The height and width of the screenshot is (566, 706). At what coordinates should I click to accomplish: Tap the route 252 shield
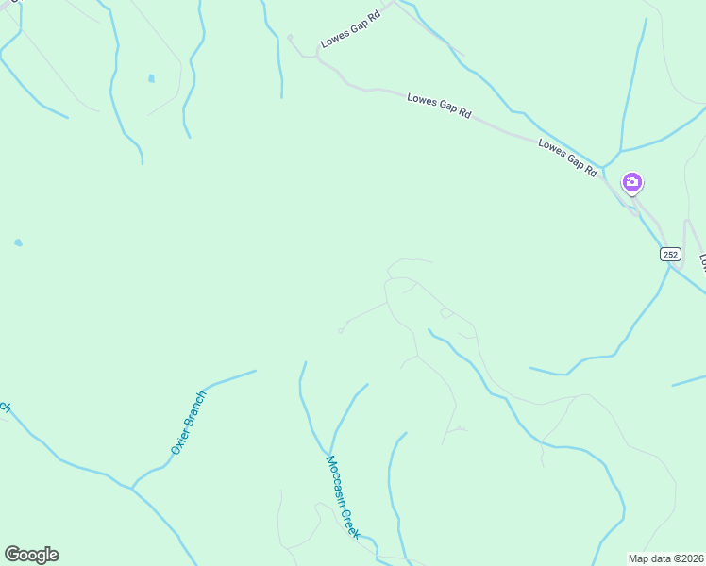(x=670, y=255)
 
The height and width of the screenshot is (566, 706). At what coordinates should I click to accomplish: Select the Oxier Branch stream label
(x=188, y=424)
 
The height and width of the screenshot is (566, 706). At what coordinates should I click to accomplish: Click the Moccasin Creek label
(x=343, y=497)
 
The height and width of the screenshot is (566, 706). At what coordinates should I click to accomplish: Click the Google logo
(x=31, y=555)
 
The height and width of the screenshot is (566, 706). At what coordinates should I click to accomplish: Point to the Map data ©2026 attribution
(x=665, y=558)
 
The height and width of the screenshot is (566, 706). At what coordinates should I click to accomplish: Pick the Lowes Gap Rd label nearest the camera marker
(x=568, y=158)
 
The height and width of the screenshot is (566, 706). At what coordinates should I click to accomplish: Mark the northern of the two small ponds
(x=151, y=78)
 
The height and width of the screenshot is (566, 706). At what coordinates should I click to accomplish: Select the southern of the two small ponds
(x=18, y=242)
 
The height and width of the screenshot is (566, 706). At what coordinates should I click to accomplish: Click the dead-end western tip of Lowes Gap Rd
(x=291, y=38)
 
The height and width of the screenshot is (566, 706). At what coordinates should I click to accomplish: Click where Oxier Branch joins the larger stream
(x=133, y=488)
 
